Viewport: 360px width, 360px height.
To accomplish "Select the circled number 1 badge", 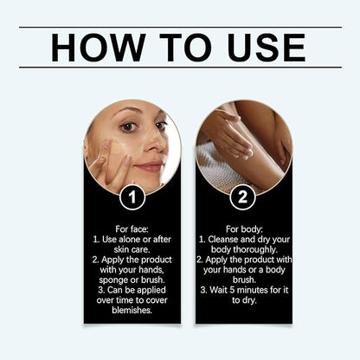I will click(x=132, y=197).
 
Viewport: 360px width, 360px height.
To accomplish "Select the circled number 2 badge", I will click(x=242, y=197).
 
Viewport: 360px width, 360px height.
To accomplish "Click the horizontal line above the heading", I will click(x=180, y=26).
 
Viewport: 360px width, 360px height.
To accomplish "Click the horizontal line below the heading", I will click(x=180, y=67).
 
